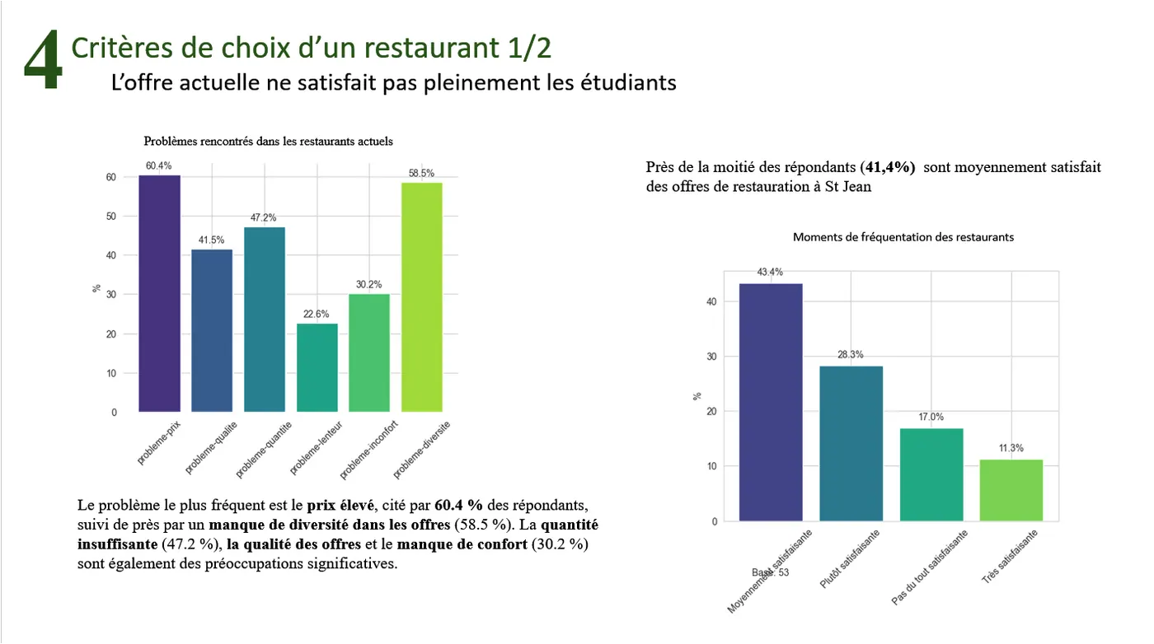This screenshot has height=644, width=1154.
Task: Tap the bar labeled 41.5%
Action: (212, 330)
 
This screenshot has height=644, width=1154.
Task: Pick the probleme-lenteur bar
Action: (317, 367)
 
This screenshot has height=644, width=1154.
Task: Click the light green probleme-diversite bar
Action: (422, 296)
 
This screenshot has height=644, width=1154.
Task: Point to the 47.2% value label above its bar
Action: (264, 218)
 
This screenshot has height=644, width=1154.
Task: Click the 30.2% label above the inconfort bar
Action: (369, 285)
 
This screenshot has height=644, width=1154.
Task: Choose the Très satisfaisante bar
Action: (1011, 490)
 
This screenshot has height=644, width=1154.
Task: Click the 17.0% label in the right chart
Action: (931, 417)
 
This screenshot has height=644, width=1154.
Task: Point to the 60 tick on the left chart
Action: (110, 177)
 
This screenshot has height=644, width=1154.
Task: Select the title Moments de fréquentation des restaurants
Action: (903, 237)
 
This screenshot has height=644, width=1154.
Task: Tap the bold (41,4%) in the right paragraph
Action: (888, 167)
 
